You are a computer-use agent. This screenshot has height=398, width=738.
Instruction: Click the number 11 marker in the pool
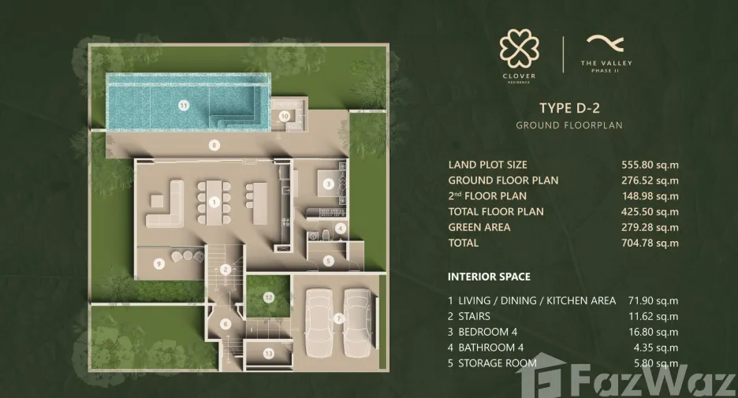coord(184,106)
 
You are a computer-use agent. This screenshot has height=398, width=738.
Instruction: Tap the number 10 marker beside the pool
coord(285,116)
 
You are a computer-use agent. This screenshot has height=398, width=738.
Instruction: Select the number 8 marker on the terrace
coord(214,145)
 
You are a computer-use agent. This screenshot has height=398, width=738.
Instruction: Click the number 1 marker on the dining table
coord(214,203)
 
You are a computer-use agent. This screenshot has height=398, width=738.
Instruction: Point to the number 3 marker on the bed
coord(329,184)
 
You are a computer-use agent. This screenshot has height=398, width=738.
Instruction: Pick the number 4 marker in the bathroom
coord(341,229)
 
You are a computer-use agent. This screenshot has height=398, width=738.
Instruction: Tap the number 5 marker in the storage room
coord(329,261)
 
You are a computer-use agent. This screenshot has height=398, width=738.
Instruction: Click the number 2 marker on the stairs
coord(225,270)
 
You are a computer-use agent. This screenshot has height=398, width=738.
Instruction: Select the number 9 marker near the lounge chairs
coord(158,264)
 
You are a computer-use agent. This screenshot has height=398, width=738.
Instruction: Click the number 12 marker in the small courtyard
coord(268,297)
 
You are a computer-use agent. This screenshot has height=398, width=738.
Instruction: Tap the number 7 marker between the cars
coord(338,319)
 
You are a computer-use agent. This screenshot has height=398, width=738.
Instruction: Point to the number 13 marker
coord(268,353)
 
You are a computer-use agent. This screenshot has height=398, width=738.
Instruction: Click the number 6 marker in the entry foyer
coord(225,324)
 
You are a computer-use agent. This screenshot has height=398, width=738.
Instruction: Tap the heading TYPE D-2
coord(569,108)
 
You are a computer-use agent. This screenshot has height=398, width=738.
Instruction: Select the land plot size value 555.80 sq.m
coord(650,166)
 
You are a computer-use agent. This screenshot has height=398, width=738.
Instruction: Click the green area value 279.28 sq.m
coord(650,228)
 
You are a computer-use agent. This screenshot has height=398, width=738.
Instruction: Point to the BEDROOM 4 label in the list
coord(487,332)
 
